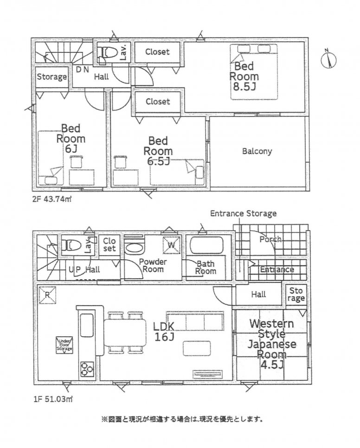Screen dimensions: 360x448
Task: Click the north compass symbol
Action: pyautogui.click(x=330, y=59)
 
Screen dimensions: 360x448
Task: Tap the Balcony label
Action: pyautogui.click(x=257, y=151)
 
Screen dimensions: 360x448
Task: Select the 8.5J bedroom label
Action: pyautogui.click(x=244, y=76)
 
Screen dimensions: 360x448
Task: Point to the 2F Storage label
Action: pyautogui.click(x=51, y=77)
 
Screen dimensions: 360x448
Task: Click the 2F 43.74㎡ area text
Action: pyautogui.click(x=51, y=199)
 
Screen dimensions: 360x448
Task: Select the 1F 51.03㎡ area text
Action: pyautogui.click(x=52, y=398)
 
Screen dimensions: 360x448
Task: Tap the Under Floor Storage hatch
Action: pyautogui.click(x=64, y=345)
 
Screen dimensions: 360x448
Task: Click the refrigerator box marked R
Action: pyautogui.click(x=47, y=295)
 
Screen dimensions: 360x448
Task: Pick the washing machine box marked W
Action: pyautogui.click(x=172, y=245)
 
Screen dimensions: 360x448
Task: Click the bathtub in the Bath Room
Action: pyautogui.click(x=206, y=245)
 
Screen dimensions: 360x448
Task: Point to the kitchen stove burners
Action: pyautogui.click(x=87, y=369)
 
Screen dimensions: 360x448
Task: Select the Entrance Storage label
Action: pyautogui.click(x=244, y=213)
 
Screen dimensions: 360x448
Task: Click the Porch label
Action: pyautogui.click(x=270, y=239)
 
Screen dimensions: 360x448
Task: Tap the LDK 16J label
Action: pyautogui.click(x=164, y=332)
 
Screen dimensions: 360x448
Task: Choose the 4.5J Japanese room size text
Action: pyautogui.click(x=272, y=365)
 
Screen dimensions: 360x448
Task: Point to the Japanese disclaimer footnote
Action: pyautogui.click(x=182, y=419)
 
